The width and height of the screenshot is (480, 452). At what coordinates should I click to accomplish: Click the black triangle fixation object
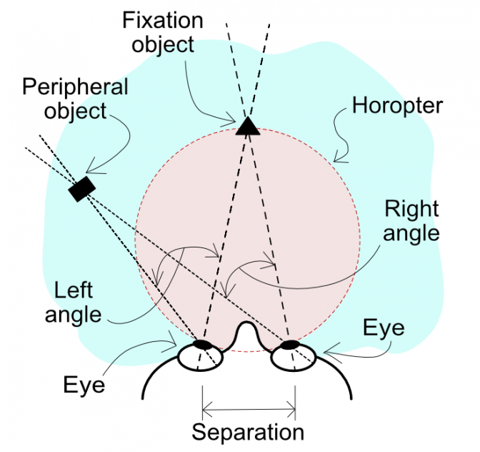click(248, 127)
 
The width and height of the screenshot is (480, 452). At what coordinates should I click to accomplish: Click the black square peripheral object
click(81, 189)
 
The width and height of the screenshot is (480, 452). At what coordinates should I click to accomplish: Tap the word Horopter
click(398, 107)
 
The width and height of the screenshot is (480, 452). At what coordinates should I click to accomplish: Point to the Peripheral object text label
click(75, 99)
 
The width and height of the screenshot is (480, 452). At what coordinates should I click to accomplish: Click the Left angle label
click(74, 303)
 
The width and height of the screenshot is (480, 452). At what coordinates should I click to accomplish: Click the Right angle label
click(411, 220)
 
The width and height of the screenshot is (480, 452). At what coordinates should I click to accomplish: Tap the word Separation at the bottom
click(248, 432)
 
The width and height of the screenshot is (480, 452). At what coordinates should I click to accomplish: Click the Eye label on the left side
click(84, 385)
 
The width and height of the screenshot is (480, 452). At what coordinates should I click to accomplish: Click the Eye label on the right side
click(384, 328)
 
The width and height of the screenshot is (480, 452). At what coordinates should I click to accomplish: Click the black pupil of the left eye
click(203, 345)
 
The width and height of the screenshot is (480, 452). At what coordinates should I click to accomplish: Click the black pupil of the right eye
click(289, 345)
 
